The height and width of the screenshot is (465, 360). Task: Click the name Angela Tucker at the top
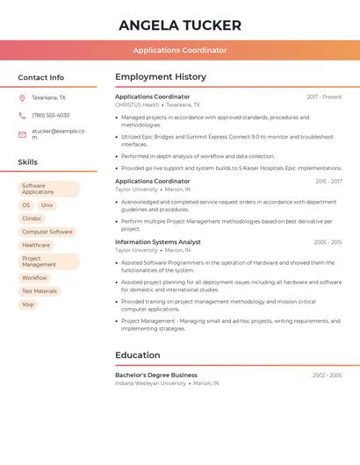click(x=179, y=25)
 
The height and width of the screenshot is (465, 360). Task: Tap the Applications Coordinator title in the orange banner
click(x=179, y=50)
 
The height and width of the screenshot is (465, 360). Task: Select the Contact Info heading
click(x=40, y=77)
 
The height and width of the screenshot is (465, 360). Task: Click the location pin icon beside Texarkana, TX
click(x=22, y=98)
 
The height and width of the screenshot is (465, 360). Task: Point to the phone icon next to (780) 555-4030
click(x=22, y=115)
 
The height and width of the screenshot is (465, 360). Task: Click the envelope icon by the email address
click(x=22, y=134)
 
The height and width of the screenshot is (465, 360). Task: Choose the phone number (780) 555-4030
click(x=50, y=115)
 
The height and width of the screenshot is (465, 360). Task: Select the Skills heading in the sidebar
click(x=27, y=162)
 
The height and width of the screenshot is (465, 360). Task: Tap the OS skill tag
click(x=26, y=204)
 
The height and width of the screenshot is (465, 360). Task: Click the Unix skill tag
click(x=47, y=204)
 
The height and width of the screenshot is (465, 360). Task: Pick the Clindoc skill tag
click(x=32, y=218)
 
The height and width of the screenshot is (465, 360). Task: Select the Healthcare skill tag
click(x=36, y=245)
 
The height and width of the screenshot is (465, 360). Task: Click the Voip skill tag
click(x=28, y=304)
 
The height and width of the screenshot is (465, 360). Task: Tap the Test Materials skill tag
click(x=40, y=290)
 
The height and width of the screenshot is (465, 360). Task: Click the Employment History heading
click(x=161, y=77)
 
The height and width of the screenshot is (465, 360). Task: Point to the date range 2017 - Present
click(x=324, y=97)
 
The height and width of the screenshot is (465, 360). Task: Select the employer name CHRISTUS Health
click(x=137, y=104)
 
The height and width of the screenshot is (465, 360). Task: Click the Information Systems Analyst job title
click(x=157, y=241)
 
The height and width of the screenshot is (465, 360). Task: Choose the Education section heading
click(x=137, y=355)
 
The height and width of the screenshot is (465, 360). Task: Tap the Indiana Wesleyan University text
click(x=150, y=383)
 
